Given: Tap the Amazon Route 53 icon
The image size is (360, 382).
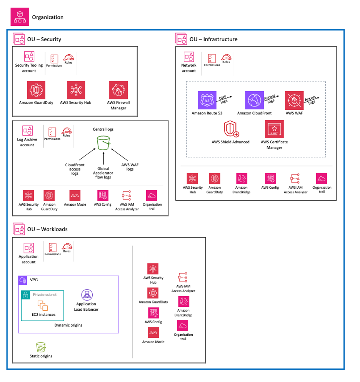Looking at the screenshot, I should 207,101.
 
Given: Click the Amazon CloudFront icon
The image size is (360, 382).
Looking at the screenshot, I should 255,101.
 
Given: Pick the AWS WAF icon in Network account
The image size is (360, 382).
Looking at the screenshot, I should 294,101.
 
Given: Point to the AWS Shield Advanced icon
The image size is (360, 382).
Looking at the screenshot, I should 230,129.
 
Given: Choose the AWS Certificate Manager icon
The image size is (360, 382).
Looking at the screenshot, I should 274,129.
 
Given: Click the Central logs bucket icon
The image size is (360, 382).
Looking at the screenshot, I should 103,142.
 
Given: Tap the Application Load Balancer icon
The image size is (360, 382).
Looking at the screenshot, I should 86,295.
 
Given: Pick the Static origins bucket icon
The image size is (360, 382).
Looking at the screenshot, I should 41,347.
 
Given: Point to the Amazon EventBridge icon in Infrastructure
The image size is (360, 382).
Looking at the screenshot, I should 242,179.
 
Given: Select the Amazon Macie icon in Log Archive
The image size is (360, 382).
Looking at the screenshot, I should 75,196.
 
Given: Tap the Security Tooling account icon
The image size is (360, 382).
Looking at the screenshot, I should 29,57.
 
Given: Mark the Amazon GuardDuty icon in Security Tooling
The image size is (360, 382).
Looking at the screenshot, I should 37,90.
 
